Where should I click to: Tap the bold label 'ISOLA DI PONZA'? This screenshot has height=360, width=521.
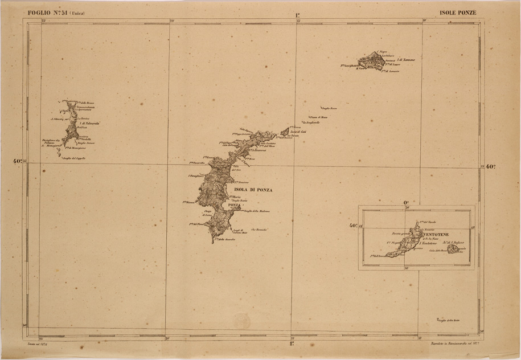point(251,191)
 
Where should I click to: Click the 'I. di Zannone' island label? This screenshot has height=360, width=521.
point(407,59)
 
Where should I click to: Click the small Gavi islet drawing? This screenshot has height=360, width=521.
point(285,132)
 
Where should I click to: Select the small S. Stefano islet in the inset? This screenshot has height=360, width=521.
point(454,249)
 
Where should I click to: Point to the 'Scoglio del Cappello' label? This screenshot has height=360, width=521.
point(74,158)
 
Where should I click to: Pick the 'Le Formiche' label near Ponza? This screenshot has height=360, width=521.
point(259,229)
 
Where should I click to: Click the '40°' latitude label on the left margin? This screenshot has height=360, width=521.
point(18,161)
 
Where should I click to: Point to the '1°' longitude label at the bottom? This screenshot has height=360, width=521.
point(292,343)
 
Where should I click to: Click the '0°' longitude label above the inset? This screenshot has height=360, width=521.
point(406,202)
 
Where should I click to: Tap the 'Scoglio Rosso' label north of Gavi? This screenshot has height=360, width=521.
point(330,108)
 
